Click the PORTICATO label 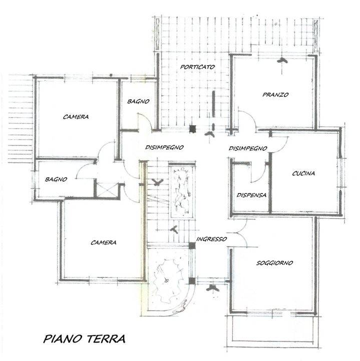click(x=197, y=67)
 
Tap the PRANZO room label click(x=275, y=95)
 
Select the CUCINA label click(x=303, y=173)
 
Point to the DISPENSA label click(x=251, y=195)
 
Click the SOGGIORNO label click(x=274, y=263)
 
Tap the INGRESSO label click(x=211, y=239)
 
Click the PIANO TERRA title click(x=85, y=338)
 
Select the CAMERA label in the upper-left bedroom click(x=76, y=117)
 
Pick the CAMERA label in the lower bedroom click(x=104, y=243)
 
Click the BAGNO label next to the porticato click(x=138, y=101)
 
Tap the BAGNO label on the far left click(x=56, y=179)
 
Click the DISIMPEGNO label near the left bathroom click(x=164, y=147)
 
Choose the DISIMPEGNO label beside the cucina click(x=248, y=148)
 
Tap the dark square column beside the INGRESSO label click(x=192, y=246)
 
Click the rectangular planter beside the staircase click(x=182, y=191)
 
